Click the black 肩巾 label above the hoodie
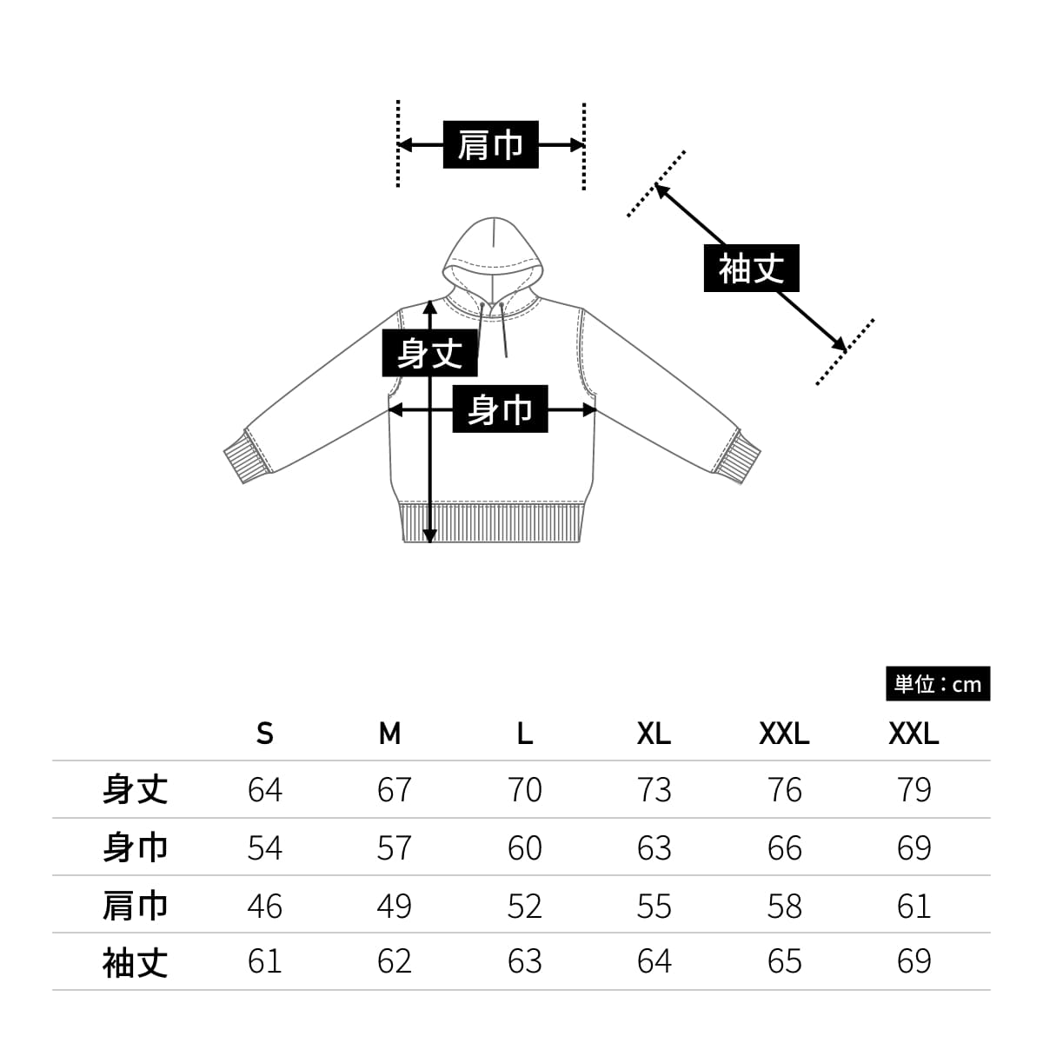[x=490, y=144]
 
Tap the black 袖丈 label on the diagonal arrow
[x=751, y=269]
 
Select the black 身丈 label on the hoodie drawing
[x=429, y=354]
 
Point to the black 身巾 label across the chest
[x=500, y=409]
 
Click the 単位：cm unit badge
[x=937, y=684]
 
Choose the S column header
[x=265, y=734]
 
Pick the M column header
[x=390, y=734]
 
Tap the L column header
[x=524, y=734]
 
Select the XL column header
[x=654, y=734]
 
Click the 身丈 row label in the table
[x=135, y=789]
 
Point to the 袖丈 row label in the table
[x=135, y=962]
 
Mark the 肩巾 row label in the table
[x=135, y=906]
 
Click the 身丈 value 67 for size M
[x=394, y=789]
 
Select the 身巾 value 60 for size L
[x=524, y=847]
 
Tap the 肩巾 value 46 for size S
[x=265, y=906]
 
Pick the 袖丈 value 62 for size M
[x=394, y=961]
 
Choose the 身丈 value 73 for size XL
[x=654, y=789]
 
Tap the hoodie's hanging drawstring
[x=503, y=335]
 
